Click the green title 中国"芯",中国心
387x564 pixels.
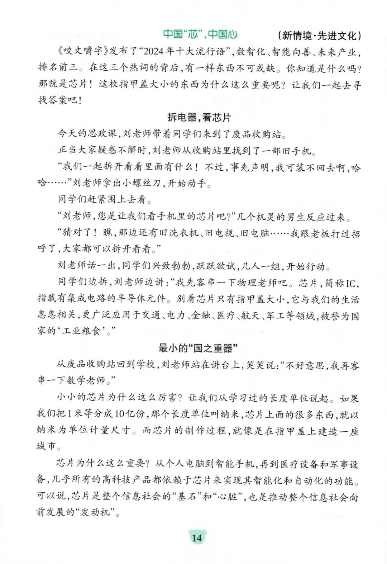point(200,34)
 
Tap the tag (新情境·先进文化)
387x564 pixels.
point(319,35)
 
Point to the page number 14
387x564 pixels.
point(197,537)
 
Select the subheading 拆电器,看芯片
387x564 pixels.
point(199,117)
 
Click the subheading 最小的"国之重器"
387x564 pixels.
point(198,348)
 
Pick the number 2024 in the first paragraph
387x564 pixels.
point(153,52)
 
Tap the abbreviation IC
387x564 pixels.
point(350,284)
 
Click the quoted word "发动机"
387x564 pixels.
point(95,512)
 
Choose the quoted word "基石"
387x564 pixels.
point(186,497)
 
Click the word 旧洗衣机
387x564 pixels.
point(179,233)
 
